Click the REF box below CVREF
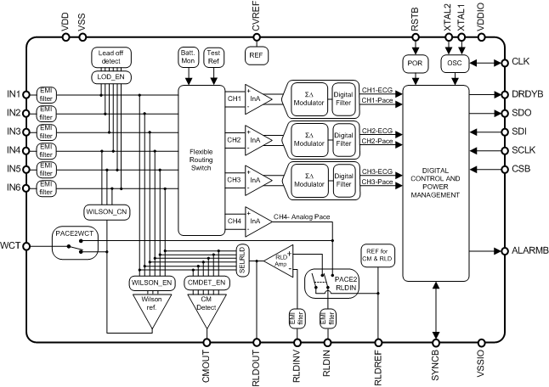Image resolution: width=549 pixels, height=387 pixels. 257,55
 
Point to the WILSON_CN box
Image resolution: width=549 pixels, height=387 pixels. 107,210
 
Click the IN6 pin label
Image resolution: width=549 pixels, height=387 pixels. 13,187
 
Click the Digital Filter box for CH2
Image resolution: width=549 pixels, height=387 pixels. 343,139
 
